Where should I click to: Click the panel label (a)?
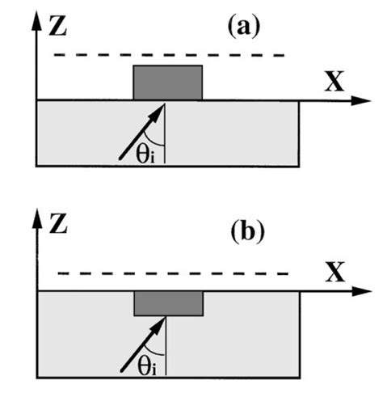(x=242, y=27)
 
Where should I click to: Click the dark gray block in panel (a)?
(x=167, y=82)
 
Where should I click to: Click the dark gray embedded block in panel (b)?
(x=168, y=303)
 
